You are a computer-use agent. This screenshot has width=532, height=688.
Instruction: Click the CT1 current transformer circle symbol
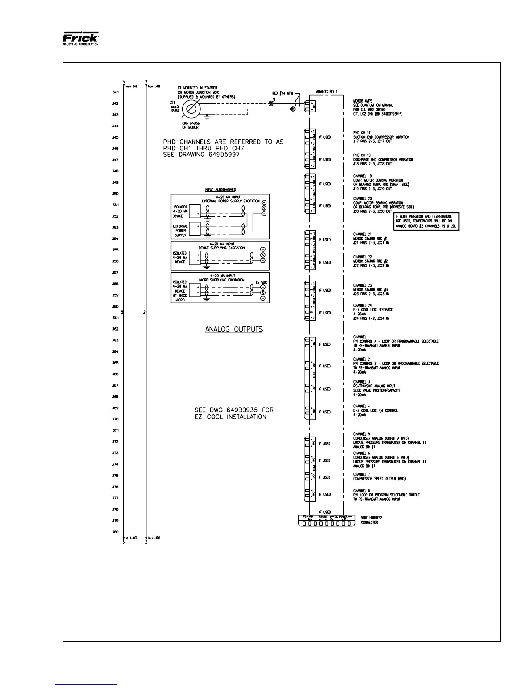pyautogui.click(x=191, y=109)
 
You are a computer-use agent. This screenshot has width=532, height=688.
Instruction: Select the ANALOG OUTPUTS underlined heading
pyautogui.click(x=234, y=329)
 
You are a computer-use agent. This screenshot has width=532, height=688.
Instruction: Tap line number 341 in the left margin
pyautogui.click(x=115, y=93)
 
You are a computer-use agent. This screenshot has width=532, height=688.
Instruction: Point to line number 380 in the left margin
pyautogui.click(x=115, y=532)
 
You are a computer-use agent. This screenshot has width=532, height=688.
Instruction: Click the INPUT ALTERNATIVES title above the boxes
pyautogui.click(x=220, y=190)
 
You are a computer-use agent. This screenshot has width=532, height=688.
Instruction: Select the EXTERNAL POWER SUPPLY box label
pyautogui.click(x=180, y=231)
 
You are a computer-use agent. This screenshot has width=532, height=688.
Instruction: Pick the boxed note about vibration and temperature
pyautogui.click(x=426, y=221)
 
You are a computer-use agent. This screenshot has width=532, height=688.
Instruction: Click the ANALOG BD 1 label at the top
pyautogui.click(x=326, y=92)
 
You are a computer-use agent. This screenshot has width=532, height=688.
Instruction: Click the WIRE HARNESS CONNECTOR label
pyautogui.click(x=369, y=520)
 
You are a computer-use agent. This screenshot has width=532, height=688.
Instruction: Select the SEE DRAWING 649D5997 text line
pyautogui.click(x=201, y=155)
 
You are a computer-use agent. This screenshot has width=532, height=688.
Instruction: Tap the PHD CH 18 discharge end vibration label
pyautogui.click(x=383, y=159)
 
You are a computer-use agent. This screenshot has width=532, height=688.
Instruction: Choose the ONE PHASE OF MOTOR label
pyautogui.click(x=191, y=125)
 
